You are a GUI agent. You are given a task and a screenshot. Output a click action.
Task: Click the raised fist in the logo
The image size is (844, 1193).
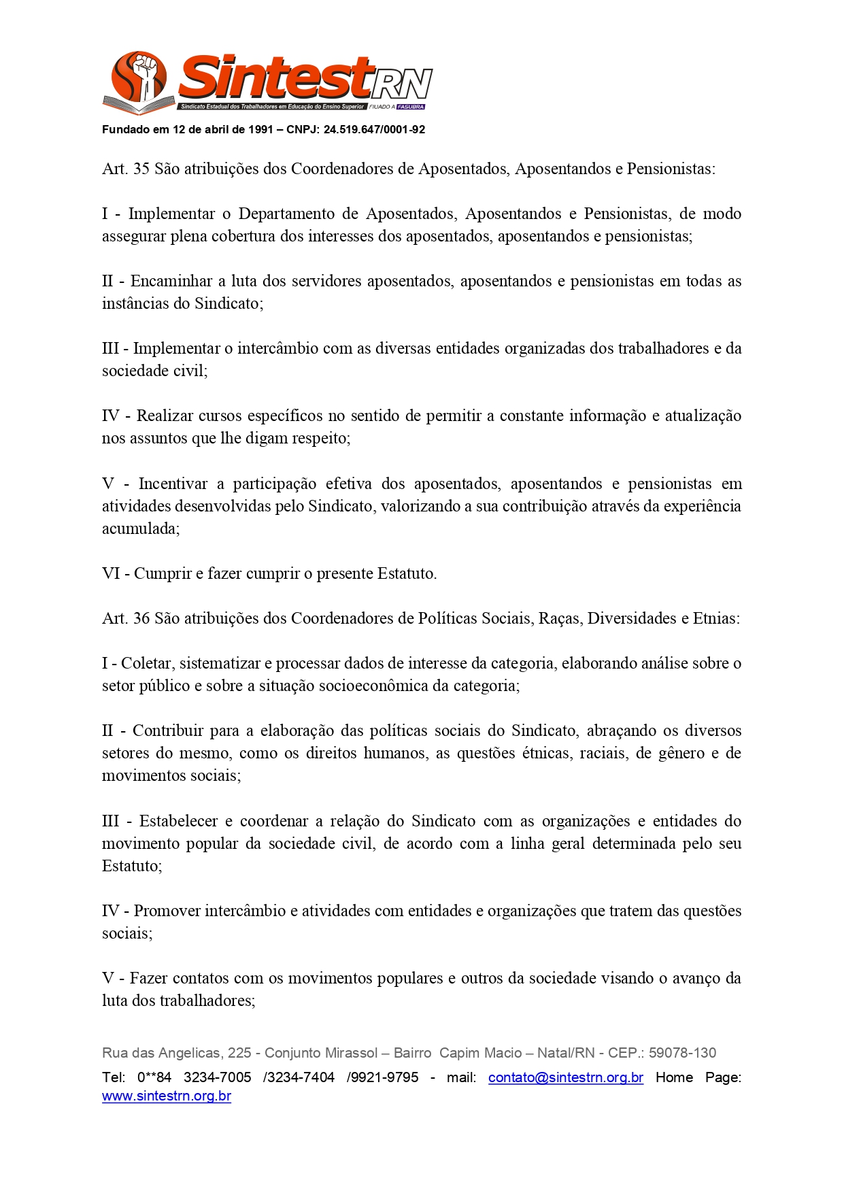click(145, 71)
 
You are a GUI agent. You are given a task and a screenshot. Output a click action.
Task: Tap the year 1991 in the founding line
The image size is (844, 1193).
click(260, 130)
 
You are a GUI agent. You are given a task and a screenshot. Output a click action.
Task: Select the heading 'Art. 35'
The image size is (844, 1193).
click(126, 169)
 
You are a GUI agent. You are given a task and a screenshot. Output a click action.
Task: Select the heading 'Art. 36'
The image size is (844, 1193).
click(126, 619)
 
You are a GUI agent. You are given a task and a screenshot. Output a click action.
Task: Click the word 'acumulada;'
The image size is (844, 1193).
click(141, 529)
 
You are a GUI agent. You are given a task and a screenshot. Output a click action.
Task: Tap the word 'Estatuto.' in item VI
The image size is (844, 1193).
click(405, 574)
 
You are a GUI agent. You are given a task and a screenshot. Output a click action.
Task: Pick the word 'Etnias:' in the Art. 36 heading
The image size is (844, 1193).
click(716, 619)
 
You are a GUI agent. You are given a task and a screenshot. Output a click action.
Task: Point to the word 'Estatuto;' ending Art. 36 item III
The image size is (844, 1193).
click(132, 867)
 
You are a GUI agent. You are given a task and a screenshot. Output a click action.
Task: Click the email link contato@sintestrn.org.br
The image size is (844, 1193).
click(565, 1078)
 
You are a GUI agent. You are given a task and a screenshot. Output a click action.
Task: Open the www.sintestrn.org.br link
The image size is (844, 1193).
click(167, 1096)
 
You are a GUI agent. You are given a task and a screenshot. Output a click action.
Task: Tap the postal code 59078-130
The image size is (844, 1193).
click(682, 1054)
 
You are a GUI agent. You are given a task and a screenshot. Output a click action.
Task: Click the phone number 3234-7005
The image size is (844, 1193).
click(218, 1078)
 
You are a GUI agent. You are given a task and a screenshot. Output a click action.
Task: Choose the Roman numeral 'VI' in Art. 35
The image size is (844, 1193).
click(111, 574)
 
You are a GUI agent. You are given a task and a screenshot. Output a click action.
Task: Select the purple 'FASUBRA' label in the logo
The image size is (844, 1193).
click(411, 107)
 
